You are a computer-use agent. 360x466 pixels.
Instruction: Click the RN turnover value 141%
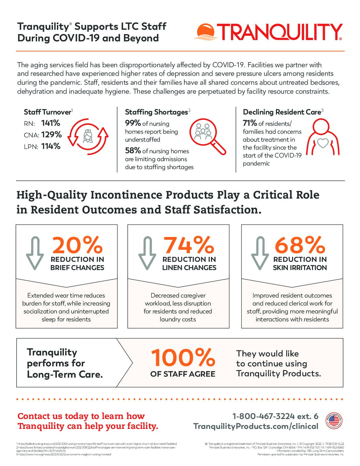51,123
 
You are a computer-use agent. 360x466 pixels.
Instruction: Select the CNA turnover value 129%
52,135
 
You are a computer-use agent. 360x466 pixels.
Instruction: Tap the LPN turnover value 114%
51,146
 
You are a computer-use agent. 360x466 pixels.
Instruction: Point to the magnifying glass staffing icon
207,136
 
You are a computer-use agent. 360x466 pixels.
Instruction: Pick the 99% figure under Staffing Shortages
133,123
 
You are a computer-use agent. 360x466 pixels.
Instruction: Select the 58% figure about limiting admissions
133,151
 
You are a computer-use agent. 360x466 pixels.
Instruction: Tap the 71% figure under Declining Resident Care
250,123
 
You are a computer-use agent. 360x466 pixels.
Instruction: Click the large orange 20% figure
77,245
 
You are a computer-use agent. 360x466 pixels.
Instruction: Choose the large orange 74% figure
189,245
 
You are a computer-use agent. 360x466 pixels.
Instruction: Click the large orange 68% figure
300,245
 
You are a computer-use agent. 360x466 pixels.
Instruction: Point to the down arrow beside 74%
147,253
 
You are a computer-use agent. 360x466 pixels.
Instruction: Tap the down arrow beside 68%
260,253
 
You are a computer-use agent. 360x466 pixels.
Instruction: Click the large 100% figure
183,357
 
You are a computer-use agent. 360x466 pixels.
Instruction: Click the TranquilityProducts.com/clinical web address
256,426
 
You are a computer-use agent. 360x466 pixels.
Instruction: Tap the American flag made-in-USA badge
334,421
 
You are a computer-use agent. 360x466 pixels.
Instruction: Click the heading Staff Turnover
47,112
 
